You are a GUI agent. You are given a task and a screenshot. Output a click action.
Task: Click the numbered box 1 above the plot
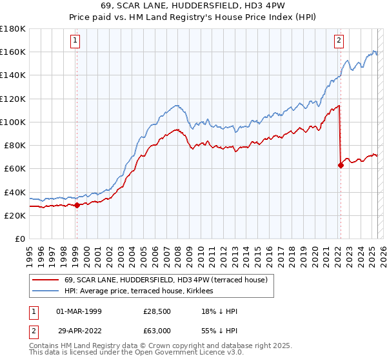75,40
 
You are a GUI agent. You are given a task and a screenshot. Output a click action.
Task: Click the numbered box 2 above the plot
338,40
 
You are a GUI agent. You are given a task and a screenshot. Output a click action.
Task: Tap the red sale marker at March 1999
77,206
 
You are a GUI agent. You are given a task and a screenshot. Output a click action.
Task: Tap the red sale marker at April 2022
341,165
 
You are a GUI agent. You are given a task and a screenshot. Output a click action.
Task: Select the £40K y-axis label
15,192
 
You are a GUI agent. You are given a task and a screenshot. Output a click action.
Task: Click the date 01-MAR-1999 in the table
79,311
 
